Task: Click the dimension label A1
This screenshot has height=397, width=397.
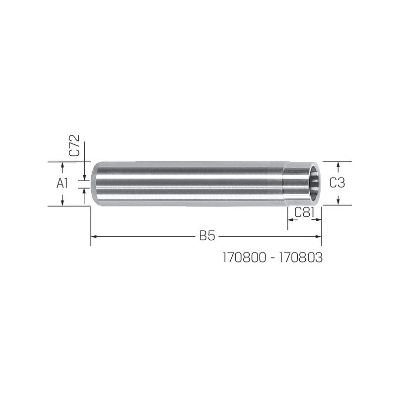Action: point(63,183)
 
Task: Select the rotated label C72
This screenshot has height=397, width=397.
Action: point(75,145)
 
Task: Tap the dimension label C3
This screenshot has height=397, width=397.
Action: point(337,183)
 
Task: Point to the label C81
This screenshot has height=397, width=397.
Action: point(304,213)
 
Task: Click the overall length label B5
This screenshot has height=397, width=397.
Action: point(207,236)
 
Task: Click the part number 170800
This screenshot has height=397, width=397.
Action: point(245,258)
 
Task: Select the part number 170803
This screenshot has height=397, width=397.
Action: point(301,258)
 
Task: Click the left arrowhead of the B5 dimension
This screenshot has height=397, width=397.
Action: point(94,237)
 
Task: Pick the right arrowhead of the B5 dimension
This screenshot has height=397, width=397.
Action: point(318,237)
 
